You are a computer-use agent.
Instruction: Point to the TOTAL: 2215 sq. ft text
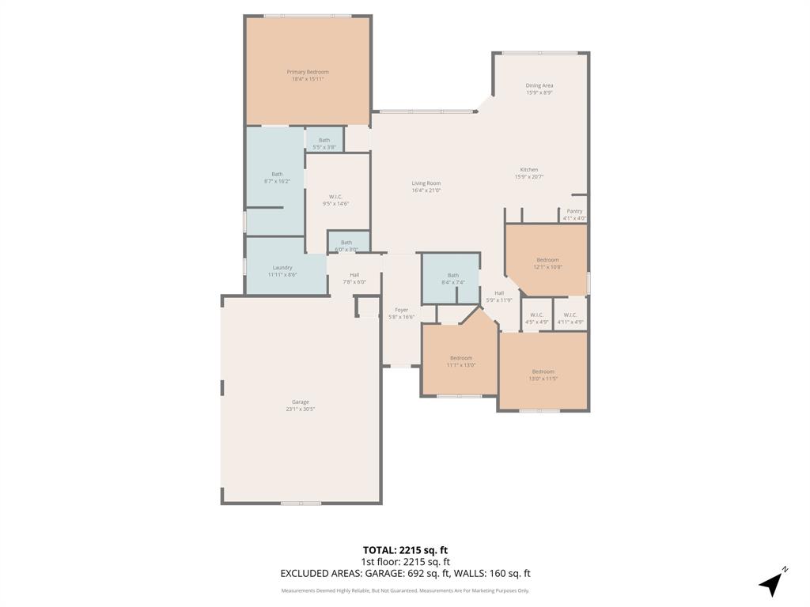click(x=405, y=550)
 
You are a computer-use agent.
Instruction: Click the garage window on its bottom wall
click(x=301, y=503)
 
